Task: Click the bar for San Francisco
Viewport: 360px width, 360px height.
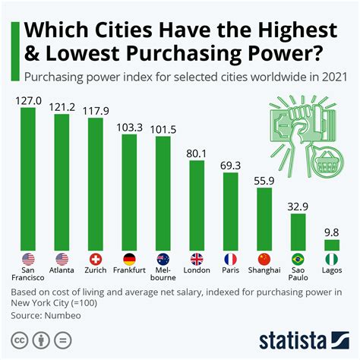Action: (29, 178)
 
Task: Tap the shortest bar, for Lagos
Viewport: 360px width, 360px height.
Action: (331, 245)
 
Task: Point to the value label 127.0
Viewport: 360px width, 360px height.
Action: (29, 99)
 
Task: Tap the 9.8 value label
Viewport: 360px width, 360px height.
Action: (331, 231)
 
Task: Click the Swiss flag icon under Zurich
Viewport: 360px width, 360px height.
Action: (96, 257)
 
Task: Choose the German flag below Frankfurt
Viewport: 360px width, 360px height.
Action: (129, 257)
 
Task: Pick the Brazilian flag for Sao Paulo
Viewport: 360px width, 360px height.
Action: (298, 257)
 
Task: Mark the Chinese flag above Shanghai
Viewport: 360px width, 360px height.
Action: (264, 257)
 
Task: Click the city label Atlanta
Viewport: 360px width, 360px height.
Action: (62, 270)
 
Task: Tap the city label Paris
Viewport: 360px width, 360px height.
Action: (230, 270)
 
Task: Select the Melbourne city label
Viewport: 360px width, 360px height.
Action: (163, 273)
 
